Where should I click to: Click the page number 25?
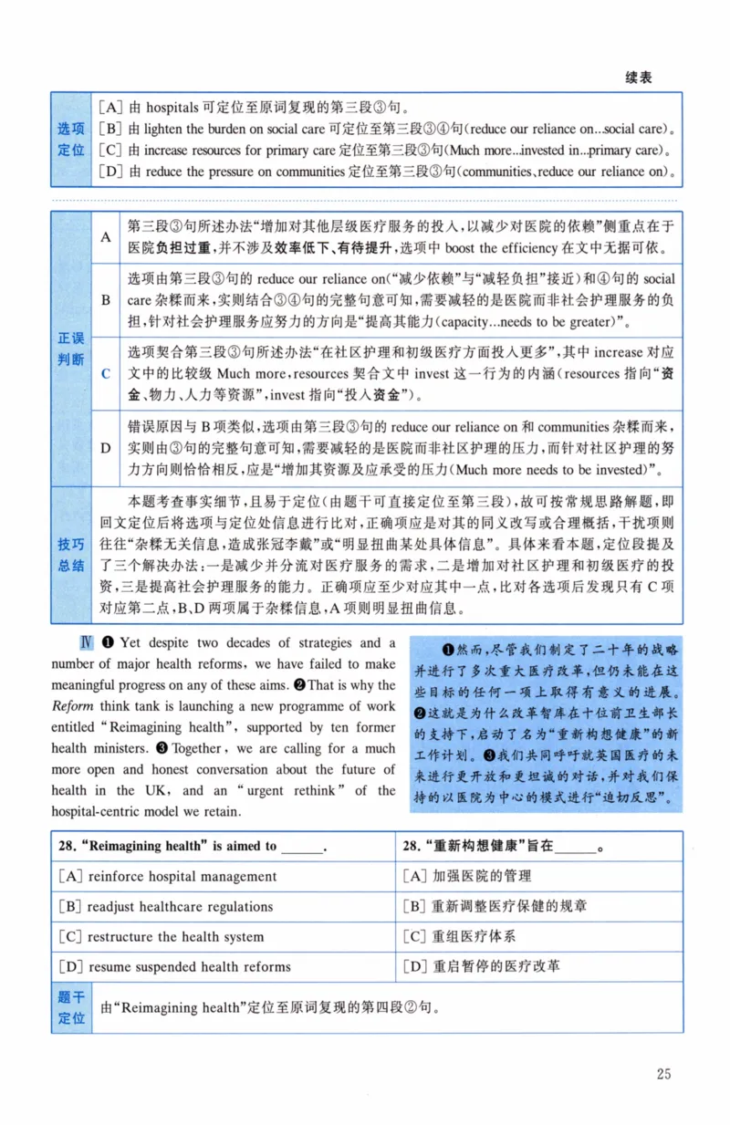[663, 1074]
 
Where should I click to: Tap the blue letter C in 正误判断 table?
[106, 373]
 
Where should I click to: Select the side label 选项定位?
[71, 140]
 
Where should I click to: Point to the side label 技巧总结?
[71, 555]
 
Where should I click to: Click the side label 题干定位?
[71, 1007]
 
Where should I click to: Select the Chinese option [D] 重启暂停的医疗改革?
[481, 966]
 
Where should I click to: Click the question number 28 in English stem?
[66, 847]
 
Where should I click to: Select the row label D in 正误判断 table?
[106, 448]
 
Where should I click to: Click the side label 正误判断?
[71, 349]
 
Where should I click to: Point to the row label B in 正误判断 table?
[106, 299]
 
